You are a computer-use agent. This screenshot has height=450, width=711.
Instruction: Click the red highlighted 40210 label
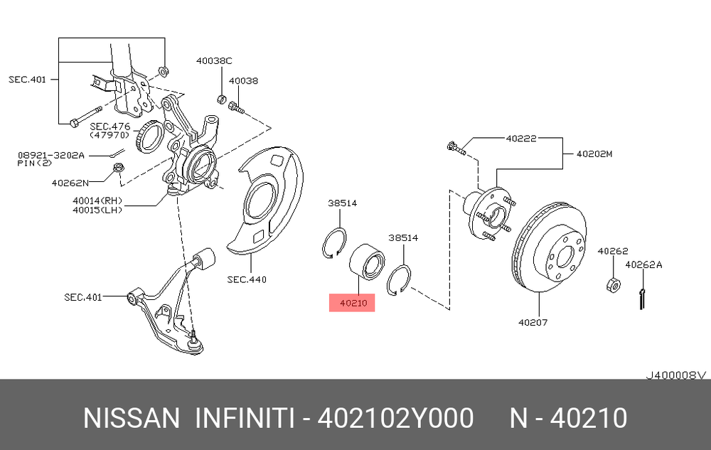353,303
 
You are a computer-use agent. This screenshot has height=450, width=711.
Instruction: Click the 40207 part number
533,322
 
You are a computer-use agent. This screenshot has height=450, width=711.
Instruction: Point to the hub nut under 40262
613,284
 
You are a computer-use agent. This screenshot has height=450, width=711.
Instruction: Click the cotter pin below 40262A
641,299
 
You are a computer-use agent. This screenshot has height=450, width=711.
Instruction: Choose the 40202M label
594,154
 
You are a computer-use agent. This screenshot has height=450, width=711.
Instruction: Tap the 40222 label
521,138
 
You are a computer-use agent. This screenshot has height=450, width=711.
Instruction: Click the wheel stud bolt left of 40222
456,148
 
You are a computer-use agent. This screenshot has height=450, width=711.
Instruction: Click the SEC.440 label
247,279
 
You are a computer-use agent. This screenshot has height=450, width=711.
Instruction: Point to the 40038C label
214,60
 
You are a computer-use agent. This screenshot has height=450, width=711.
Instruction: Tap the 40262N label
70,183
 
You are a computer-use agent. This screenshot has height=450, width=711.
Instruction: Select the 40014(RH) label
97,200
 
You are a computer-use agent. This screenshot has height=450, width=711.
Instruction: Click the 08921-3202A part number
51,156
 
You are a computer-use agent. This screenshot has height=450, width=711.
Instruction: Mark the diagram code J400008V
676,375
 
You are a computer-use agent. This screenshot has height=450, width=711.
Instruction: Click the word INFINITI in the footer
245,418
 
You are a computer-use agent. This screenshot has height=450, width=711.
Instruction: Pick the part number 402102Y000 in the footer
396,418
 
